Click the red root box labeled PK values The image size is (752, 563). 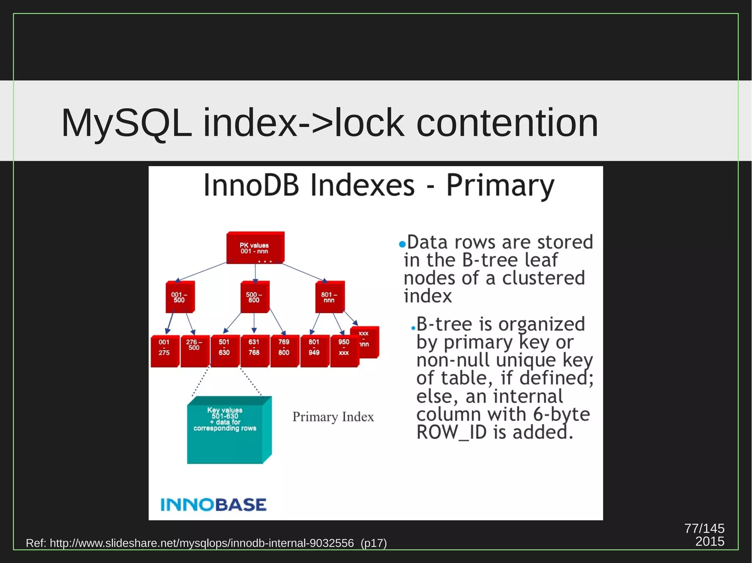click(254, 248)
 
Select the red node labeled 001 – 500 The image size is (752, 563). click(179, 297)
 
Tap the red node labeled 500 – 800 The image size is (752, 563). click(254, 297)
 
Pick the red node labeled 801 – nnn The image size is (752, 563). click(329, 297)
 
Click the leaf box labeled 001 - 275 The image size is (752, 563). click(164, 351)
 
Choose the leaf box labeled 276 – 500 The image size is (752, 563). click(194, 351)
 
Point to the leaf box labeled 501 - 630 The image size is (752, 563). click(224, 351)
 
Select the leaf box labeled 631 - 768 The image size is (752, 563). click(254, 351)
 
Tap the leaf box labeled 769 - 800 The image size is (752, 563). click(284, 351)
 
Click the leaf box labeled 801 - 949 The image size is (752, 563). click(314, 351)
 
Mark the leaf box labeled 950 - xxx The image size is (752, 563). click(344, 351)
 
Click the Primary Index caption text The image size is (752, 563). click(333, 417)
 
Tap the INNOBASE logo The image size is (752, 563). click(213, 505)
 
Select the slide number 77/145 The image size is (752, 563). click(704, 528)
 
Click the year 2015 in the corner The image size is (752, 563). click(709, 542)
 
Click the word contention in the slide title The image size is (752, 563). click(507, 123)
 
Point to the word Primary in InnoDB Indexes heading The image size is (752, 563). click(500, 186)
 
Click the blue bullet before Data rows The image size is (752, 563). click(402, 244)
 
